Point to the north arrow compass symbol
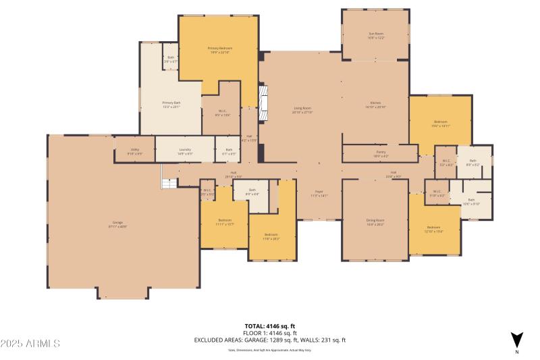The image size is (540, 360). pyautogui.click(x=516, y=339)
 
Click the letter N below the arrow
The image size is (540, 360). pyautogui.click(x=516, y=352)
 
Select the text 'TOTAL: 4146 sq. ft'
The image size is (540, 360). pyautogui.click(x=269, y=326)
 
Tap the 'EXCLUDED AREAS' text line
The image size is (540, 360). pyautogui.click(x=269, y=340)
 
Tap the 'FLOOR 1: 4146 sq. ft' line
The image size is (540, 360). pyautogui.click(x=269, y=333)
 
